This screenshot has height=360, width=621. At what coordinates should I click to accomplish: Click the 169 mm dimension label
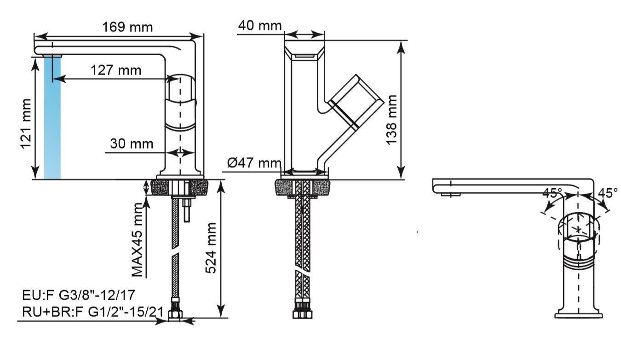[x=127, y=27]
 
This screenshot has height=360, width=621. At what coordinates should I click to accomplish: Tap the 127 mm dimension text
[x=116, y=70]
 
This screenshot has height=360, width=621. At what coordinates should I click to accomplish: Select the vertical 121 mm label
[x=26, y=124]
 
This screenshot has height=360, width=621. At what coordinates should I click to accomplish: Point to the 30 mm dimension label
[x=132, y=144]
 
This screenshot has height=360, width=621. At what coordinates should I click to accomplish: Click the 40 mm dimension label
[x=260, y=25]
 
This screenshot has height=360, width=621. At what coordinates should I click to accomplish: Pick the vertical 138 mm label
[x=391, y=120]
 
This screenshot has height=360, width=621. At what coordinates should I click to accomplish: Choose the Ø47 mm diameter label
[x=254, y=163]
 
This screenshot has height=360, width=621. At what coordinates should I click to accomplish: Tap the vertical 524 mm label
[x=211, y=248]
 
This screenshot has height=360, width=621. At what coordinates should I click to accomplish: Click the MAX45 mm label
[x=137, y=240]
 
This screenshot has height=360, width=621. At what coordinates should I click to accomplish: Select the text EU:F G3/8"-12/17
[x=79, y=295]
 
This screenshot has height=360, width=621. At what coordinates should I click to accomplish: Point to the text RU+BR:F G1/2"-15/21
[x=93, y=312]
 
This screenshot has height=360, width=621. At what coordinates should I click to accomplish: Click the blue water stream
[x=52, y=117]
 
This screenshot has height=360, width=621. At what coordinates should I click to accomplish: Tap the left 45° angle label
[x=552, y=193]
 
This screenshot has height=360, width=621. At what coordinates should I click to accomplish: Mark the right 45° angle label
[x=608, y=193]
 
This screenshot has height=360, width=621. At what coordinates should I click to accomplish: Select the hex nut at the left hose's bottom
[x=175, y=314]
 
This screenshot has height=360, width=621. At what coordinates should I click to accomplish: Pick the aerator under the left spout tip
[x=53, y=56]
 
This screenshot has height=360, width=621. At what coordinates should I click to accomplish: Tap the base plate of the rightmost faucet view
[x=579, y=316]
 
